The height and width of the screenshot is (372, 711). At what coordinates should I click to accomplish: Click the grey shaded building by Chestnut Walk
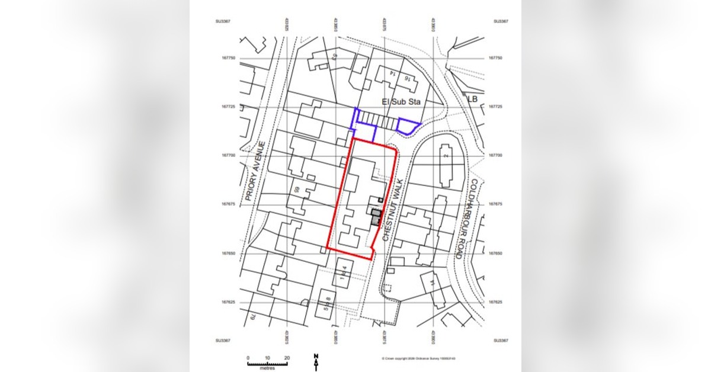click(x=376, y=216)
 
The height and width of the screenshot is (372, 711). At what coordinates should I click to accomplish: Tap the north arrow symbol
click(x=316, y=361)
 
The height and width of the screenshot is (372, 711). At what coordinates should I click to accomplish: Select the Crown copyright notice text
click(x=414, y=358)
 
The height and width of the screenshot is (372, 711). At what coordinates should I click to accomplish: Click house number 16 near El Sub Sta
click(x=407, y=78)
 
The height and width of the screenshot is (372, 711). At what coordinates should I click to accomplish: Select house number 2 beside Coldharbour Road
click(x=445, y=155)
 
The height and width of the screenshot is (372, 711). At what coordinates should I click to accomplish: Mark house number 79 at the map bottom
click(x=251, y=319)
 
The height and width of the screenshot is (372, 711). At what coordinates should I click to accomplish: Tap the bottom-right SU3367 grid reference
click(x=501, y=340)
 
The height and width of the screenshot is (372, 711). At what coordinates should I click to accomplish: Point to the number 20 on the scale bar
click(x=287, y=358)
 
